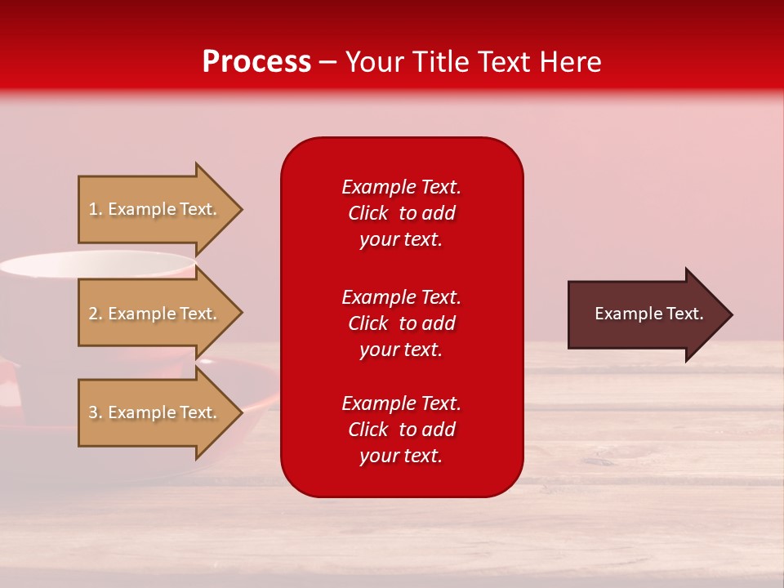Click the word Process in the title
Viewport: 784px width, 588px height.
[256, 62]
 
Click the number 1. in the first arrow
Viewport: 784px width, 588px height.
[96, 209]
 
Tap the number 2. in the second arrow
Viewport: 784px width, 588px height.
[96, 314]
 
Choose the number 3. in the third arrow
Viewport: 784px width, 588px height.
[96, 412]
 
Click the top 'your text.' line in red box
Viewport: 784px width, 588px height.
[401, 239]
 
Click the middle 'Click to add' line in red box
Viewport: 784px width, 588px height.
[401, 323]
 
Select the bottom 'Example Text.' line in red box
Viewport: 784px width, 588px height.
[401, 403]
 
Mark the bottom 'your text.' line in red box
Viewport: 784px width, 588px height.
[401, 456]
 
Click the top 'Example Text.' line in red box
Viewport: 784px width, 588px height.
[401, 187]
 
